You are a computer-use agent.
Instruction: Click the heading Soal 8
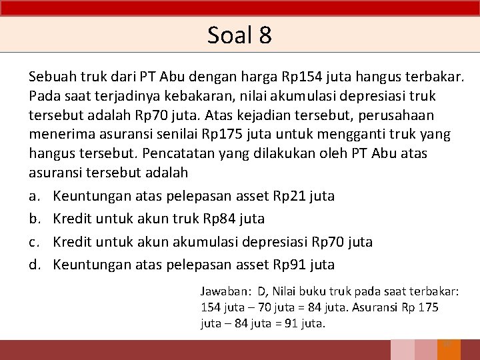tap(239, 35)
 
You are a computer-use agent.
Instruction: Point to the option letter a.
tap(33, 196)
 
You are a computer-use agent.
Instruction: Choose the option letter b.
tap(33, 219)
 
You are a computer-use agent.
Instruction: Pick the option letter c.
tap(33, 241)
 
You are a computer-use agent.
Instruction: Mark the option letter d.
tap(33, 264)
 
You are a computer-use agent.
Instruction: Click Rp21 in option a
tap(289, 196)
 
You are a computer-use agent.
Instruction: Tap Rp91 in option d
tap(289, 264)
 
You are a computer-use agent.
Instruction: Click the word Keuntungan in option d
tap(91, 264)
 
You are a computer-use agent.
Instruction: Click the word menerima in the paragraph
tap(57, 134)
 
